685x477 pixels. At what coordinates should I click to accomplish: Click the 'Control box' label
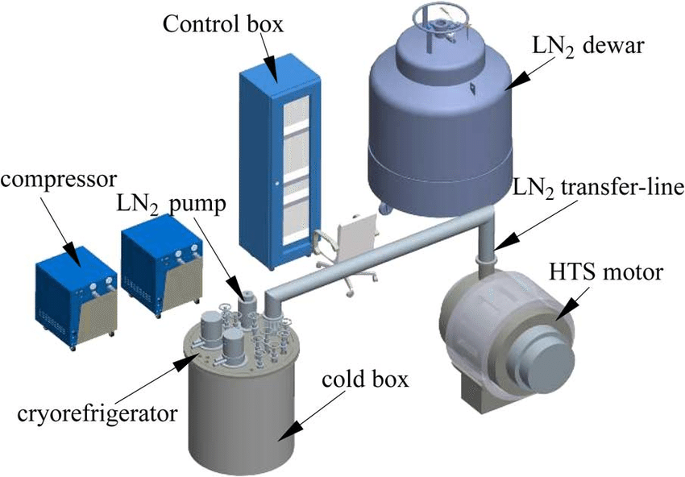click(x=223, y=23)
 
